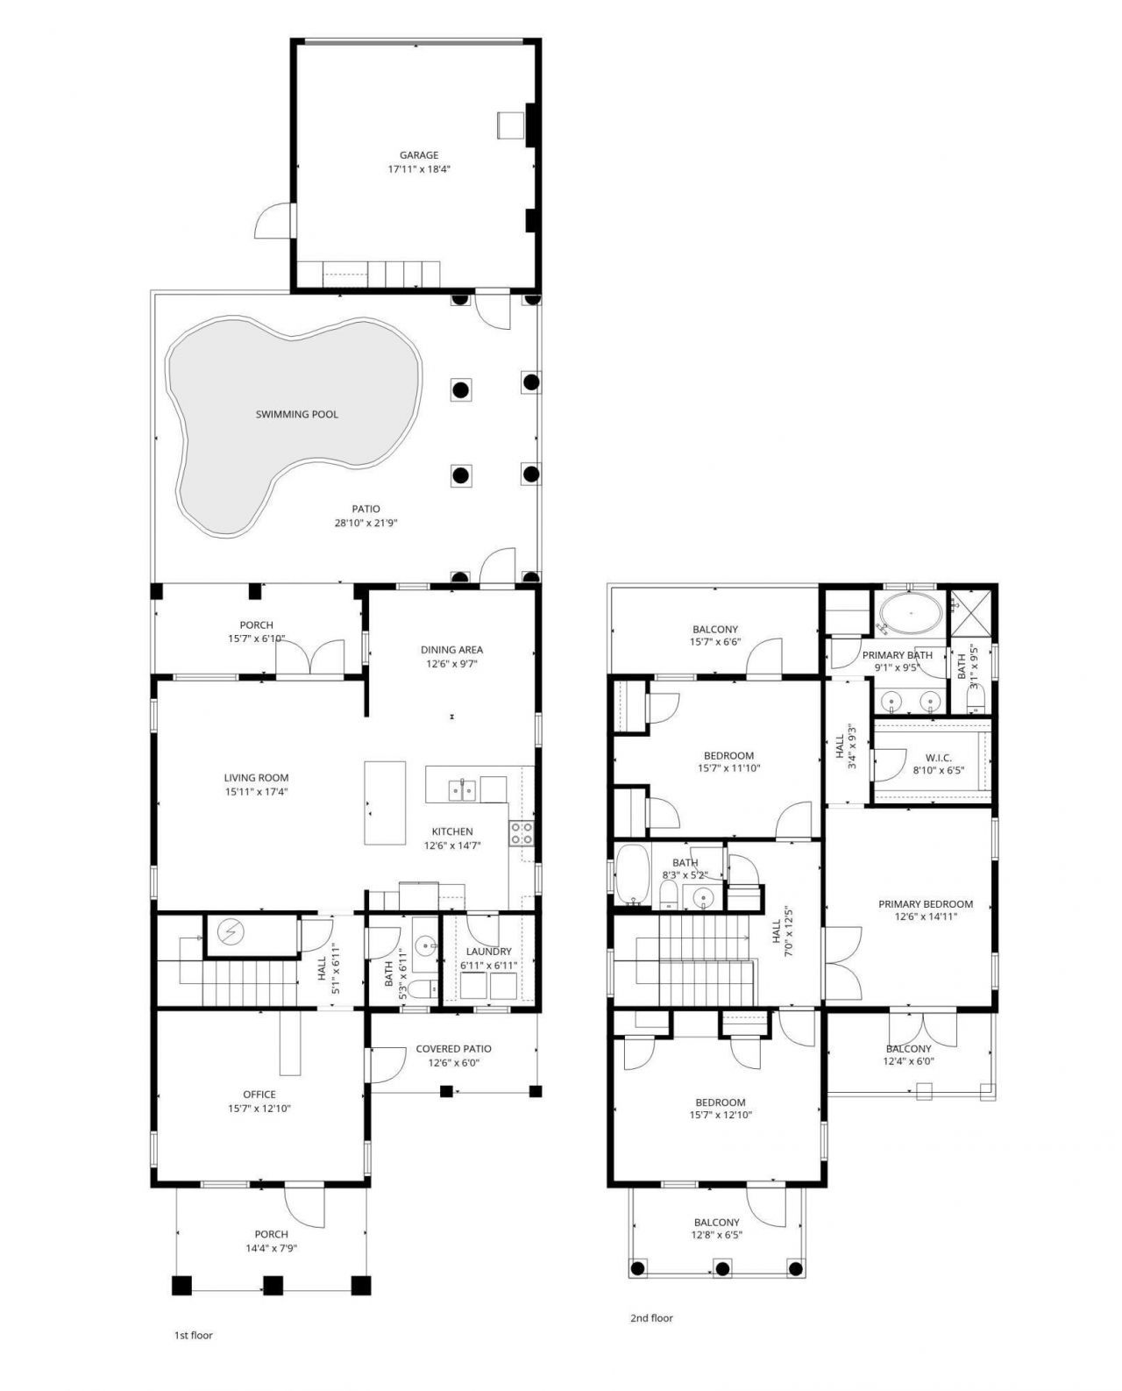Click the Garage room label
[x=419, y=155]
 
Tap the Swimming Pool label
[x=296, y=414]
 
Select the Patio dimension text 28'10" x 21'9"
[x=366, y=523]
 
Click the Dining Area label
[x=451, y=650]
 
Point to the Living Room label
[x=256, y=777]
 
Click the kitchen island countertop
[x=385, y=802]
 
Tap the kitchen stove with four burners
[x=522, y=832]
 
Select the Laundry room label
[x=488, y=952]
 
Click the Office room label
[x=259, y=1094]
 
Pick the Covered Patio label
[x=453, y=1049]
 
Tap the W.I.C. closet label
[x=938, y=758]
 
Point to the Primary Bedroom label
[x=926, y=904]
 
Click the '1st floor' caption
[x=193, y=1336]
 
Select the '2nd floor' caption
[x=651, y=1317]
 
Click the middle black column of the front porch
[x=273, y=1286]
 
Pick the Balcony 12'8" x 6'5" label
[x=716, y=1223]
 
